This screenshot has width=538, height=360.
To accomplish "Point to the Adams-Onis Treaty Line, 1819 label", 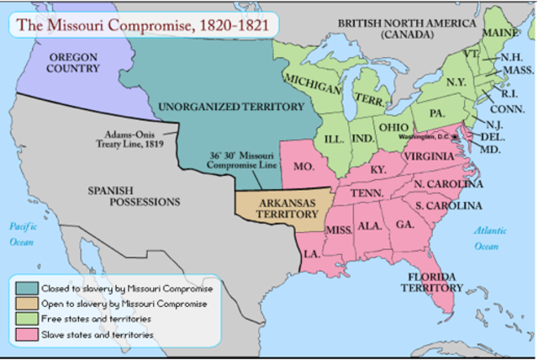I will tap(135, 139).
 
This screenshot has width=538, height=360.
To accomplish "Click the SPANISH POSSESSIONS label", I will tap(134, 196).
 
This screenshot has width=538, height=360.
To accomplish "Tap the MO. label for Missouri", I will tap(304, 167).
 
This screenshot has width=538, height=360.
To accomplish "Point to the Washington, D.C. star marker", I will tap(455, 135).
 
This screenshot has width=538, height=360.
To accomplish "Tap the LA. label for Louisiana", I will tap(313, 253).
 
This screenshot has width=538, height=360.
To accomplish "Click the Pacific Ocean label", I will tap(20, 234).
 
